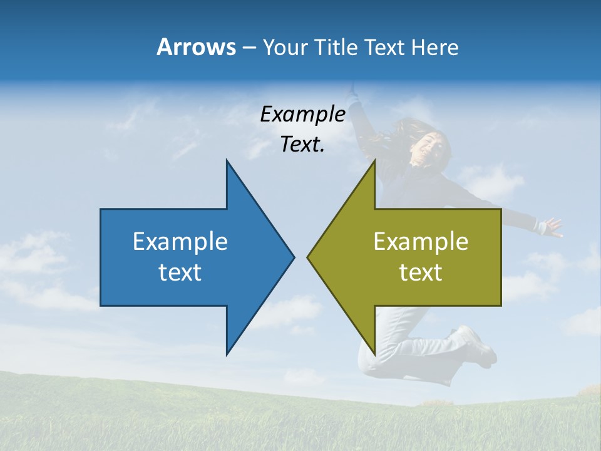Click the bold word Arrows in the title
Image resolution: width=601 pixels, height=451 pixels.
point(195,47)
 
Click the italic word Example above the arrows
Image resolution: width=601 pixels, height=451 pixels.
point(302,115)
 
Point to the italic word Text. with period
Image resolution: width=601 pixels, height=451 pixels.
point(302,145)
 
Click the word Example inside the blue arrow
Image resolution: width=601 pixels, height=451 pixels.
point(180,242)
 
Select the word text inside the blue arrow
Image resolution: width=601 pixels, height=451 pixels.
point(180,272)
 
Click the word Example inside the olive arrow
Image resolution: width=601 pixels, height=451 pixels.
point(421,242)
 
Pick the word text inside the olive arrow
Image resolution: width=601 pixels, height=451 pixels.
point(421,272)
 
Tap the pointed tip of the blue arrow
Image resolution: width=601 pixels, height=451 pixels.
point(293,257)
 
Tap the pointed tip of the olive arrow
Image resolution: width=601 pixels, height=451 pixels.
point(309,257)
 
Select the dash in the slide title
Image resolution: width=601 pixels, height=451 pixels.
point(249,48)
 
